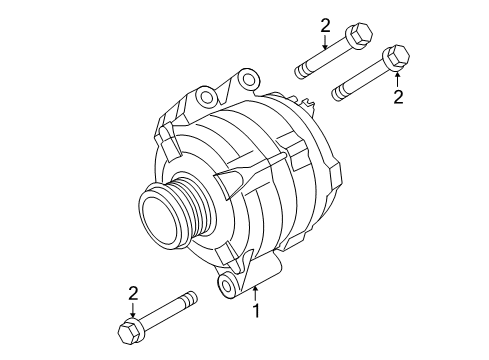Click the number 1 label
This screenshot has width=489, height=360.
click(256, 311)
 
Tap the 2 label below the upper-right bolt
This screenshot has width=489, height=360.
click(398, 96)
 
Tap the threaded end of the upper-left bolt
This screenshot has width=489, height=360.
click(299, 71)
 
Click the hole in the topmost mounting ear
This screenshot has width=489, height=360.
click(208, 97)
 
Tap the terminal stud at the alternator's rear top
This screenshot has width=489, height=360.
click(308, 97)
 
